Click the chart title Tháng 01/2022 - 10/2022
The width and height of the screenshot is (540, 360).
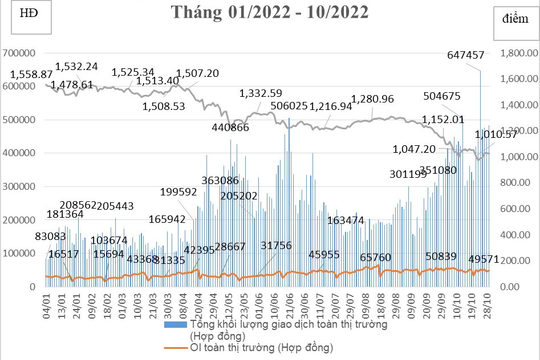click(270, 13)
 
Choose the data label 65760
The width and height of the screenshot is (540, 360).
click(375, 257)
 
